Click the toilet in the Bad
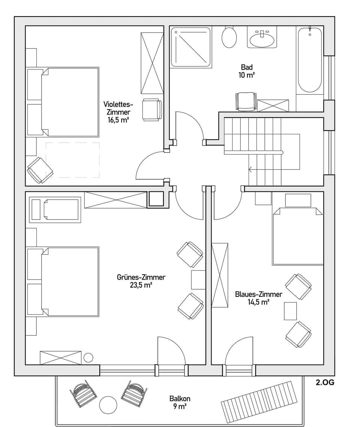(x=229, y=37)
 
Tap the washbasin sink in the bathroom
(x=262, y=39)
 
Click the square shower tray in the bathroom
(x=191, y=47)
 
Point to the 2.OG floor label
(x=324, y=383)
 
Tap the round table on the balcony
(x=108, y=405)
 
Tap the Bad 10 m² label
(x=247, y=71)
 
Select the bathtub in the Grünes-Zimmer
(x=55, y=209)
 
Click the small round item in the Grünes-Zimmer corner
(x=88, y=358)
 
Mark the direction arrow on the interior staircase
(x=250, y=170)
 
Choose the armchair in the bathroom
(x=246, y=101)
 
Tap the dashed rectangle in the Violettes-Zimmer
(x=72, y=160)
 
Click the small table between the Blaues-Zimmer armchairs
(x=290, y=311)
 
